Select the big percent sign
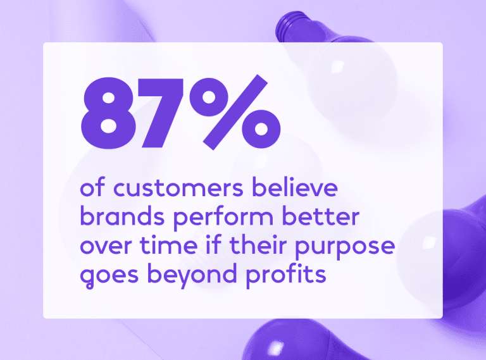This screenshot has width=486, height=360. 235,112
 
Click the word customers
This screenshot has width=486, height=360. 178,188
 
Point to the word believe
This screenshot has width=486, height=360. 295,187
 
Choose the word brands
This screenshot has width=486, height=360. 122,216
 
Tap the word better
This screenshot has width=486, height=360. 321,216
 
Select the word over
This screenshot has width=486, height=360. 106,246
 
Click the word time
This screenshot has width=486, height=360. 168,245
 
